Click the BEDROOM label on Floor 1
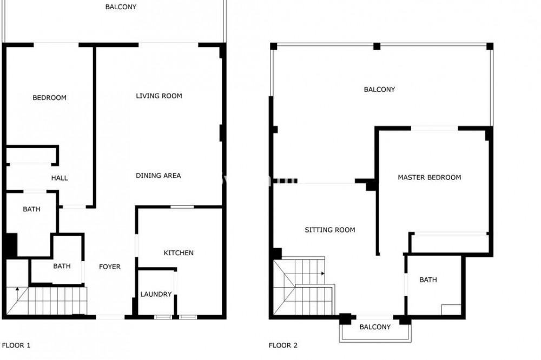point(49,98)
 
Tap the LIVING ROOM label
point(159,96)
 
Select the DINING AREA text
point(158,176)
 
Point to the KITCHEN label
point(179,253)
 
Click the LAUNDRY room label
point(156,294)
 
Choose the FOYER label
point(110,266)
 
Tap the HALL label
point(60,178)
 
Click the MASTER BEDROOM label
point(429,177)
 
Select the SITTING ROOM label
point(330,230)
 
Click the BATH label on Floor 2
point(428,279)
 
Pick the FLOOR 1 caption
point(16,345)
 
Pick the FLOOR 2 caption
point(283,345)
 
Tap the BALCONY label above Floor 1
point(121,6)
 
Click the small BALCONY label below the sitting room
point(375,327)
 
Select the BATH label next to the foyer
point(62,266)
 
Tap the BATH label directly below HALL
point(31,209)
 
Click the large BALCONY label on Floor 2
point(379,89)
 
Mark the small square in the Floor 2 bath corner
point(451,310)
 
